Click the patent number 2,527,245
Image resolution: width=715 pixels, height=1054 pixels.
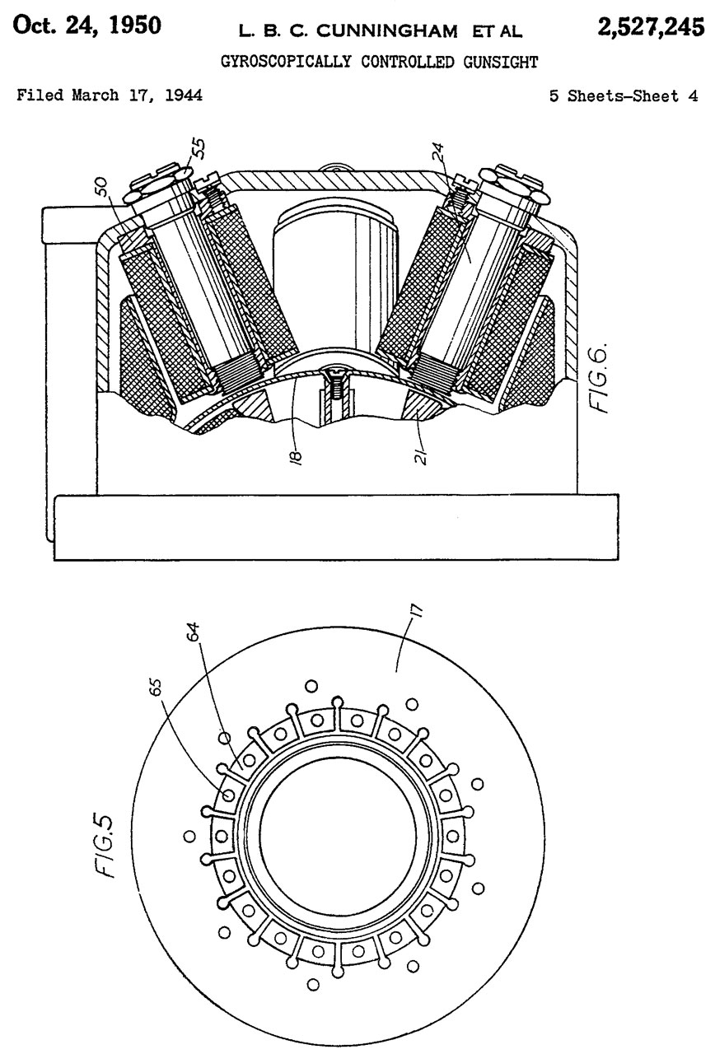(651, 27)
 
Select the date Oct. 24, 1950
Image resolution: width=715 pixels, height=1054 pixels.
(87, 26)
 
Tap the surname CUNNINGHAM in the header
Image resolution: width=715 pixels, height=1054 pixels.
(387, 31)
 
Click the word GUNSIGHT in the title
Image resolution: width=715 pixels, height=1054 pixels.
(500, 62)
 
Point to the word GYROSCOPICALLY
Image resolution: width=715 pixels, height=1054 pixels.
(286, 62)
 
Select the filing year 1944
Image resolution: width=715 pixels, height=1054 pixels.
(184, 96)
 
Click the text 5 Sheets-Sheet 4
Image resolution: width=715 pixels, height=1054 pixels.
(624, 96)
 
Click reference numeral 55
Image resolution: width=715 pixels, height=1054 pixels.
(199, 148)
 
